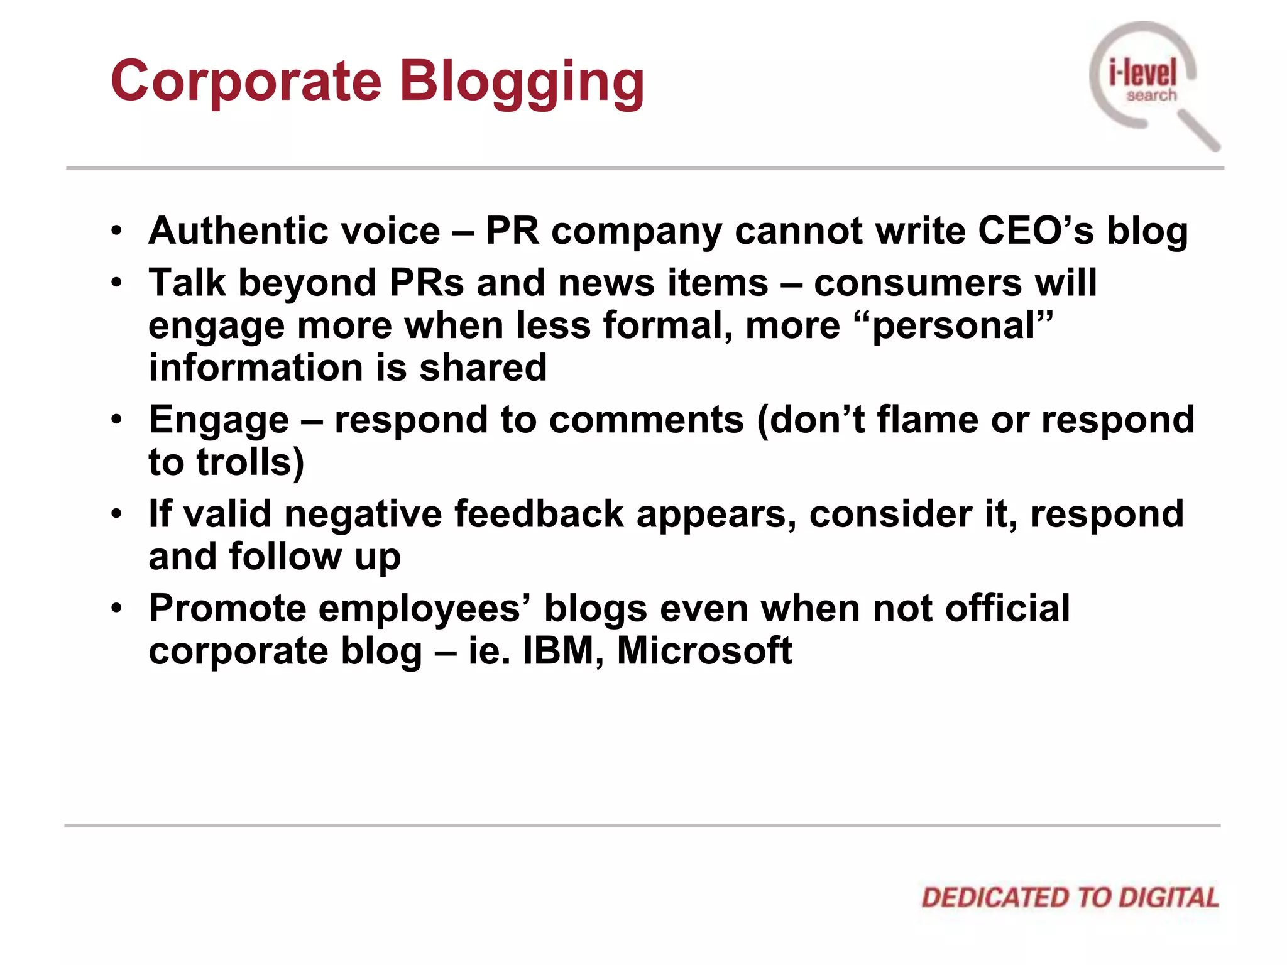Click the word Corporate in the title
click(x=246, y=82)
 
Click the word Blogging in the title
click(x=522, y=83)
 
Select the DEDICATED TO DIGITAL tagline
click(x=1070, y=898)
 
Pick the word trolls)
click(x=250, y=462)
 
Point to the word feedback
click(x=539, y=515)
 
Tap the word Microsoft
click(x=704, y=651)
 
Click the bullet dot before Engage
click(x=116, y=419)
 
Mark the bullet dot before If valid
click(x=116, y=514)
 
